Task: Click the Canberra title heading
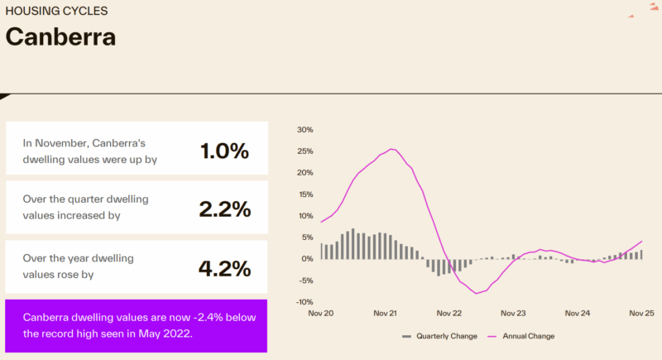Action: click(60, 37)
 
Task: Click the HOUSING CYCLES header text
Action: click(56, 12)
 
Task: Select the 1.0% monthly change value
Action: click(224, 151)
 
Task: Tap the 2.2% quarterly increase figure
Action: click(224, 209)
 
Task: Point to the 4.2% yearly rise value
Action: click(224, 268)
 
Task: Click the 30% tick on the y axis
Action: click(305, 130)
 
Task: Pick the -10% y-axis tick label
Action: click(303, 302)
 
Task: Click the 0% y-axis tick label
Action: click(307, 259)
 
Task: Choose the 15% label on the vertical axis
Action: click(305, 194)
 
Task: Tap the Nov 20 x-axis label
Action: click(320, 314)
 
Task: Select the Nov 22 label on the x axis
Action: click(449, 314)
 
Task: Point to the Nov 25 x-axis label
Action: click(641, 314)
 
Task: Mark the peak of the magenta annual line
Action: click(392, 149)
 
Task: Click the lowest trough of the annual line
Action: click(477, 293)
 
